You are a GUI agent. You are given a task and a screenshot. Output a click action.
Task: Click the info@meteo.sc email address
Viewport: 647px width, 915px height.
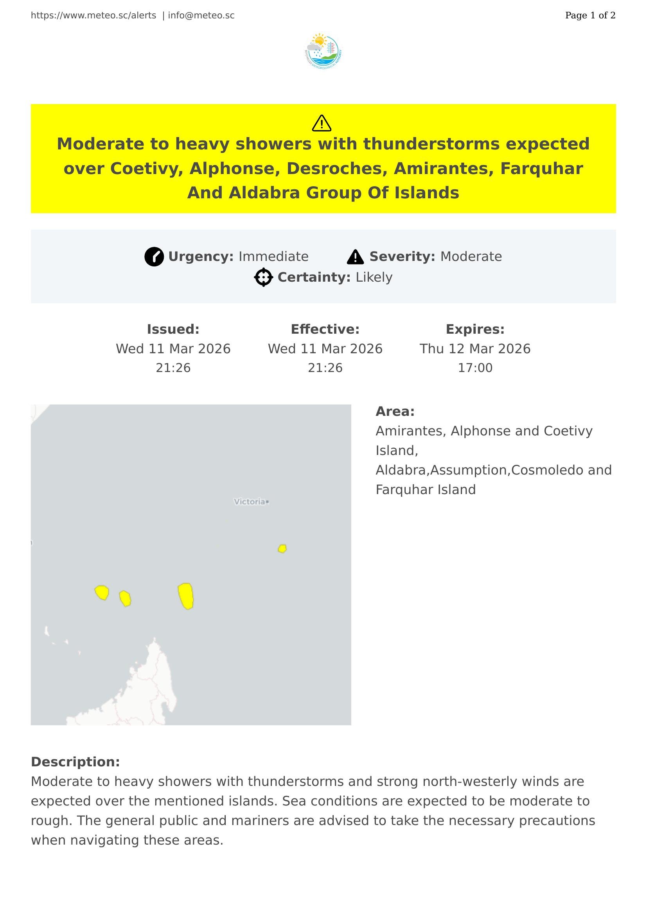click(201, 16)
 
